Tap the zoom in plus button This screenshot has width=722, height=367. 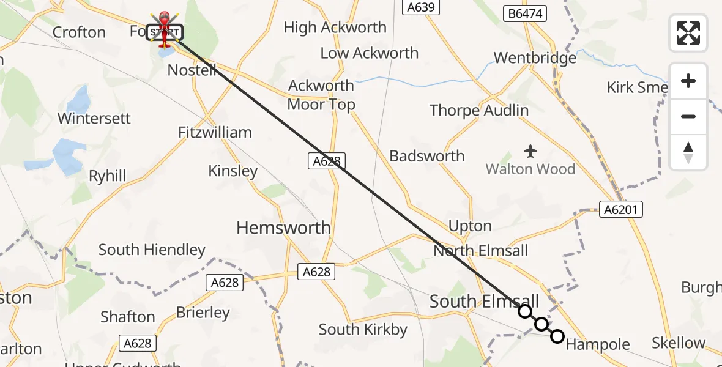click(688, 81)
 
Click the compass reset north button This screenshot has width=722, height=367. click(688, 152)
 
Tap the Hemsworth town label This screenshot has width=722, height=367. click(283, 228)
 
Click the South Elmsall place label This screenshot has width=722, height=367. click(484, 301)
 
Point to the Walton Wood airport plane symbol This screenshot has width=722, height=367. click(530, 150)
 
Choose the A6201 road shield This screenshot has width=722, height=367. click(620, 210)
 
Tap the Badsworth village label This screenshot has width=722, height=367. click(427, 156)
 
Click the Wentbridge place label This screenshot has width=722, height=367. click(535, 58)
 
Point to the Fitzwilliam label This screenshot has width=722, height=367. click(215, 132)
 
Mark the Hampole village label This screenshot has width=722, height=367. click(598, 345)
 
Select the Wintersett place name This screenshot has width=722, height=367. click(94, 118)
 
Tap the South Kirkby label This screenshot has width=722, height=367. click(363, 330)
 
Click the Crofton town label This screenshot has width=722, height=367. click(79, 32)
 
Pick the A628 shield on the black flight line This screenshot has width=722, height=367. click(327, 161)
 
